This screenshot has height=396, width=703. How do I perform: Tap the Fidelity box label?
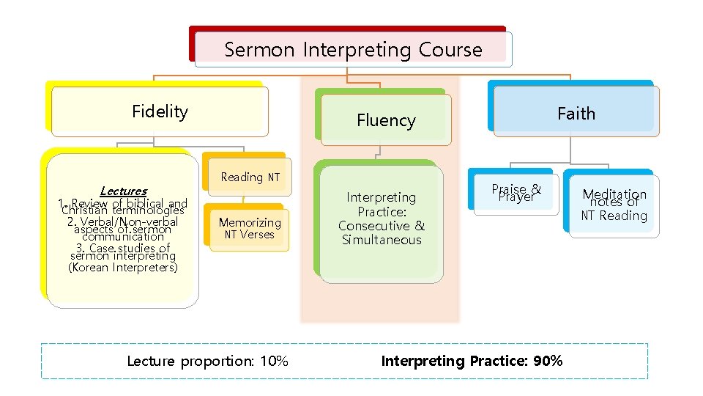tap(160, 111)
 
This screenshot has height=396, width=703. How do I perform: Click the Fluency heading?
tap(386, 120)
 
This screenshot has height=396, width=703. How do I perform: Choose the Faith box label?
tap(576, 114)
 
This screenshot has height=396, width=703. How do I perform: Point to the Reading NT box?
tap(250, 177)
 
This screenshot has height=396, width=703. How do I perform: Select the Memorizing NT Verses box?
tap(250, 228)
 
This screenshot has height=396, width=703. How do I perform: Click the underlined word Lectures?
tap(123, 191)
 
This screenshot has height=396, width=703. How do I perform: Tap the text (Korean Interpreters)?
tap(123, 268)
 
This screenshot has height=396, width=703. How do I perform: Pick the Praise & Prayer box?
tap(516, 193)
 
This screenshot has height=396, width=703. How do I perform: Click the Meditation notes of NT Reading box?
tap(614, 205)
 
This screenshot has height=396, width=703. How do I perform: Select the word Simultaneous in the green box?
tap(381, 240)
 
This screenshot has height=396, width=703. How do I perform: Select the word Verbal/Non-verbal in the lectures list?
tap(128, 221)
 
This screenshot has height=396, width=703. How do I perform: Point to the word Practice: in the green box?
tap(381, 211)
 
